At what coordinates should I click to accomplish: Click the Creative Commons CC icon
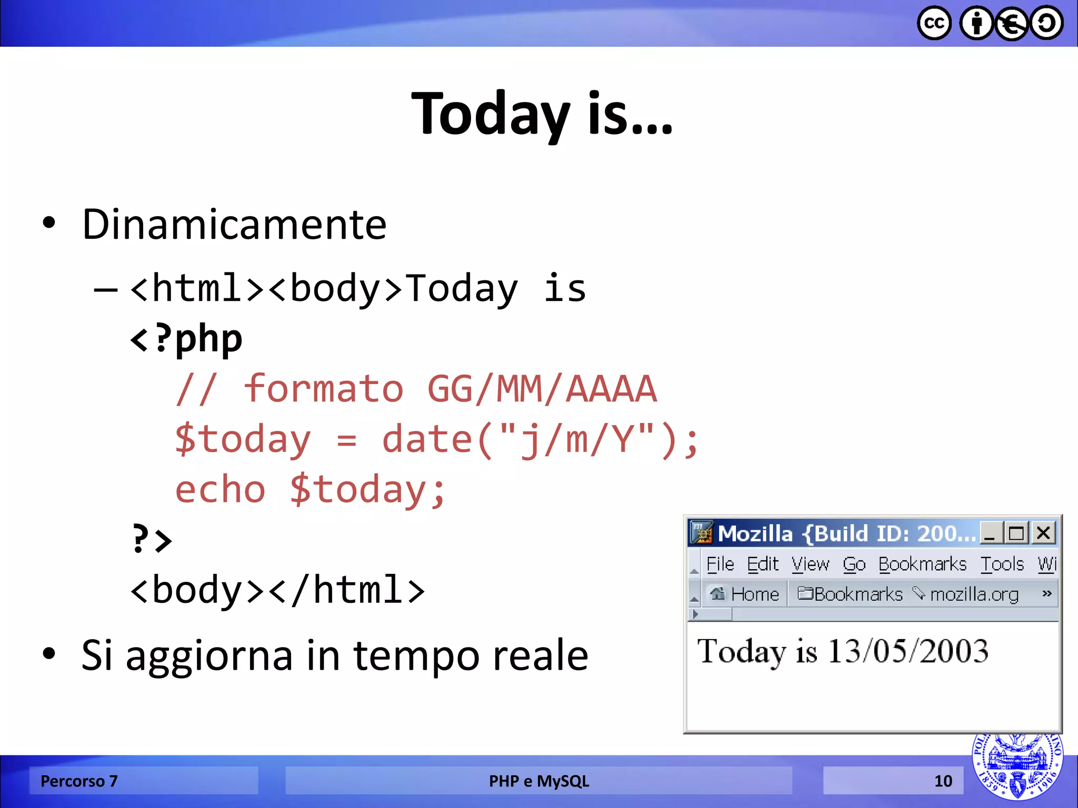[x=934, y=24]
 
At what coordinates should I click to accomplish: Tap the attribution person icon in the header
[x=976, y=24]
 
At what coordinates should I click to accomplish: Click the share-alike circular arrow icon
[x=1046, y=24]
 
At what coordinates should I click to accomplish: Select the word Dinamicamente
[x=234, y=225]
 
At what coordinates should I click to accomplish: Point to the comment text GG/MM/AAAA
[x=542, y=389]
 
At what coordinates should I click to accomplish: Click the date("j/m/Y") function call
[x=540, y=440]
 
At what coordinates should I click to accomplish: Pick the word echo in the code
[x=220, y=490]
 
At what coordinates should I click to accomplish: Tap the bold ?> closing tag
[x=152, y=539]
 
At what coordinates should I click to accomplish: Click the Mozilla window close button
[x=1043, y=533]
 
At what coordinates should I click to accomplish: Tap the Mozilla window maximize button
[x=1016, y=533]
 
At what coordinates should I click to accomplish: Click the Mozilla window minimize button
[x=990, y=533]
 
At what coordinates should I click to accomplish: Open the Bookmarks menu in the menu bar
[x=922, y=564]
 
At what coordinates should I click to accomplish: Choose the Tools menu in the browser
[x=1002, y=564]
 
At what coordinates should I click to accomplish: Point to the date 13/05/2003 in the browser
[x=908, y=651]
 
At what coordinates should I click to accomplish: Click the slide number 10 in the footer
[x=943, y=781]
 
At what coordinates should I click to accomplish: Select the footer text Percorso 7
[x=79, y=781]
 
